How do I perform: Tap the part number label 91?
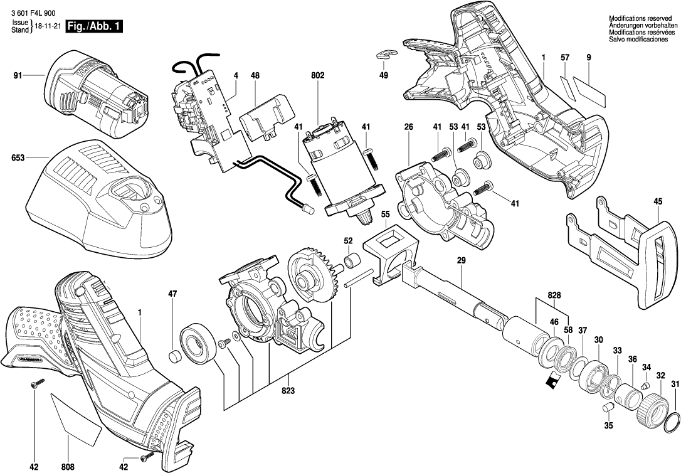click(x=18, y=77)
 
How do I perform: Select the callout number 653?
click(x=18, y=159)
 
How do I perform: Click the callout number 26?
click(x=408, y=127)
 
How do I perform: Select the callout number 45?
click(x=658, y=202)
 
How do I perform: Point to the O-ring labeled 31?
click(x=672, y=421)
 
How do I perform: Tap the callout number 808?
click(x=68, y=466)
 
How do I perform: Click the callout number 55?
click(x=385, y=214)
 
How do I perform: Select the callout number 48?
click(x=255, y=76)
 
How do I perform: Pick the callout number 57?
click(x=564, y=58)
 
